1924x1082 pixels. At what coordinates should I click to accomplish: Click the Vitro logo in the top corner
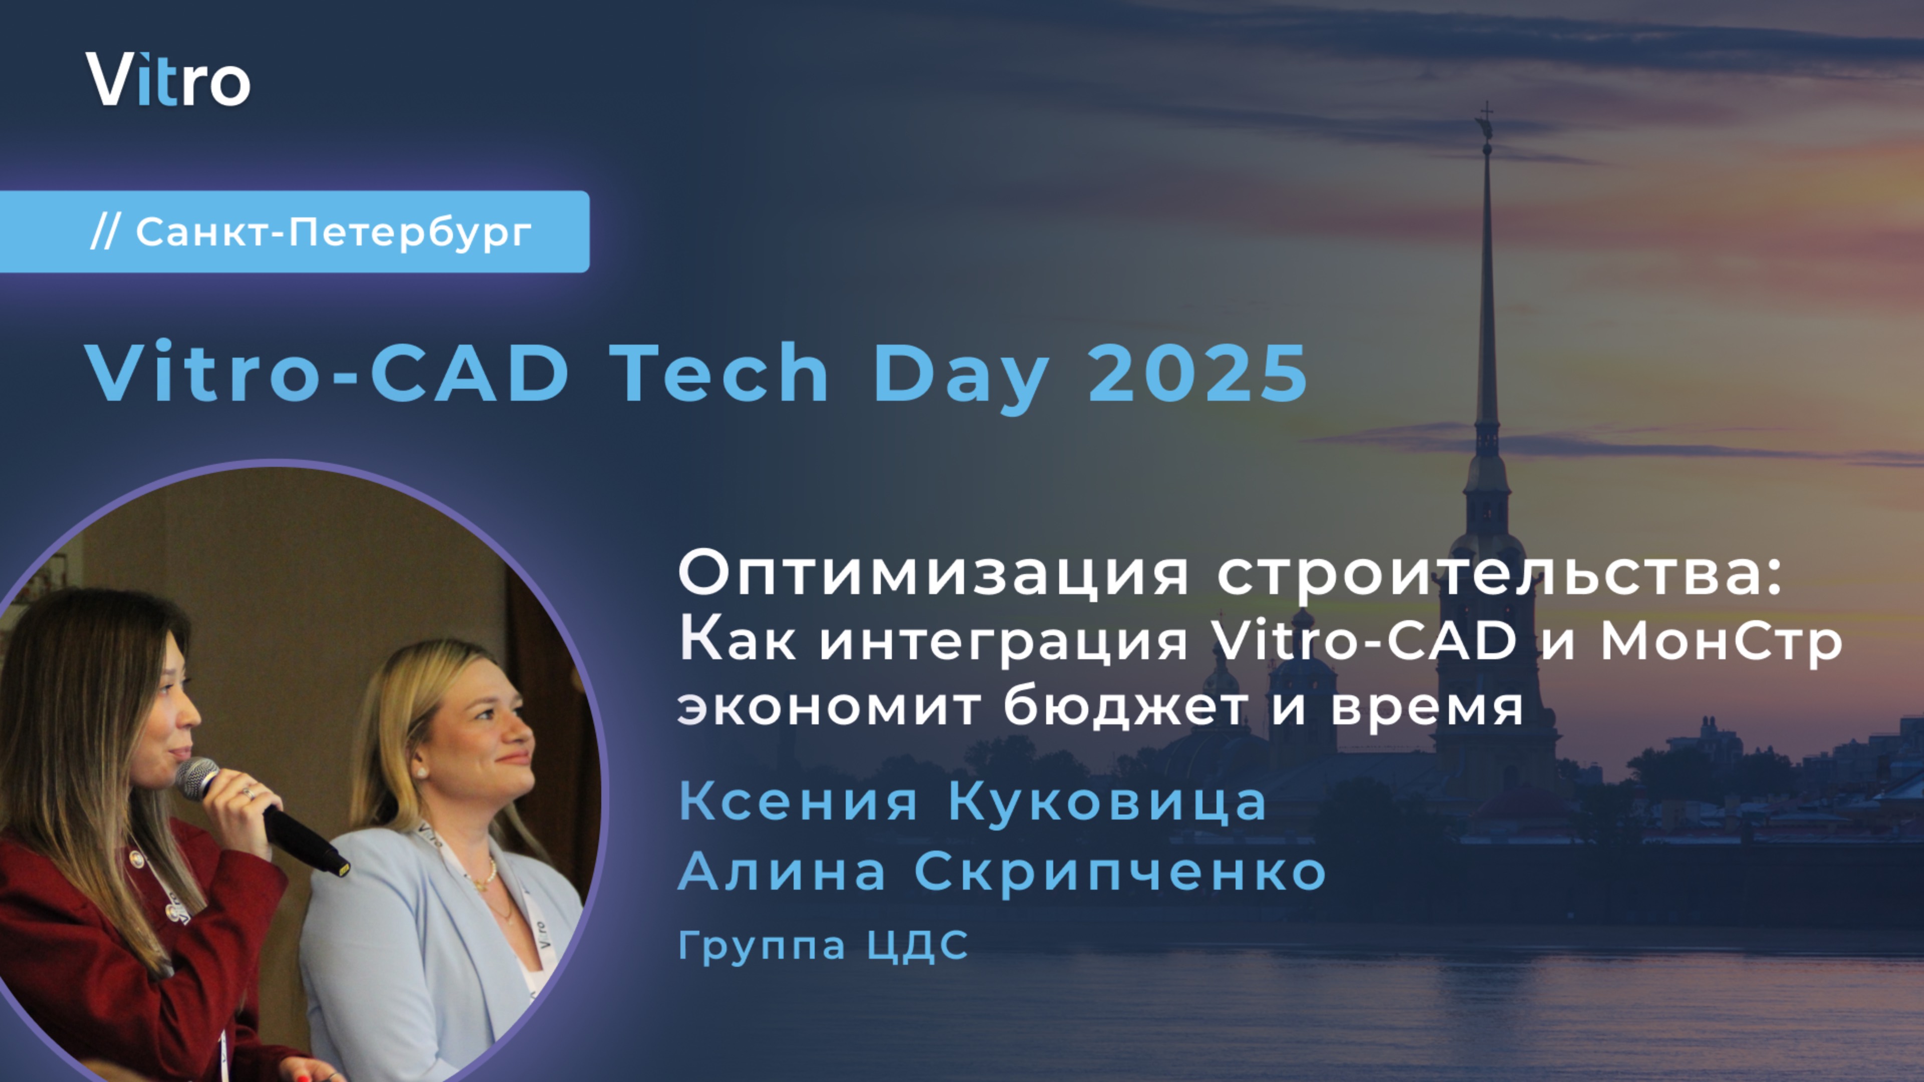[x=168, y=79]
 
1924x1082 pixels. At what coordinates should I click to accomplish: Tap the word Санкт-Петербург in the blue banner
[x=333, y=232]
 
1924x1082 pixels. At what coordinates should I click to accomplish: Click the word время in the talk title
[x=1426, y=708]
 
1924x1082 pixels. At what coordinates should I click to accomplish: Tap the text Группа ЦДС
[x=823, y=945]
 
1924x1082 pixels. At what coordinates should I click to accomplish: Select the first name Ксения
[x=798, y=802]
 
